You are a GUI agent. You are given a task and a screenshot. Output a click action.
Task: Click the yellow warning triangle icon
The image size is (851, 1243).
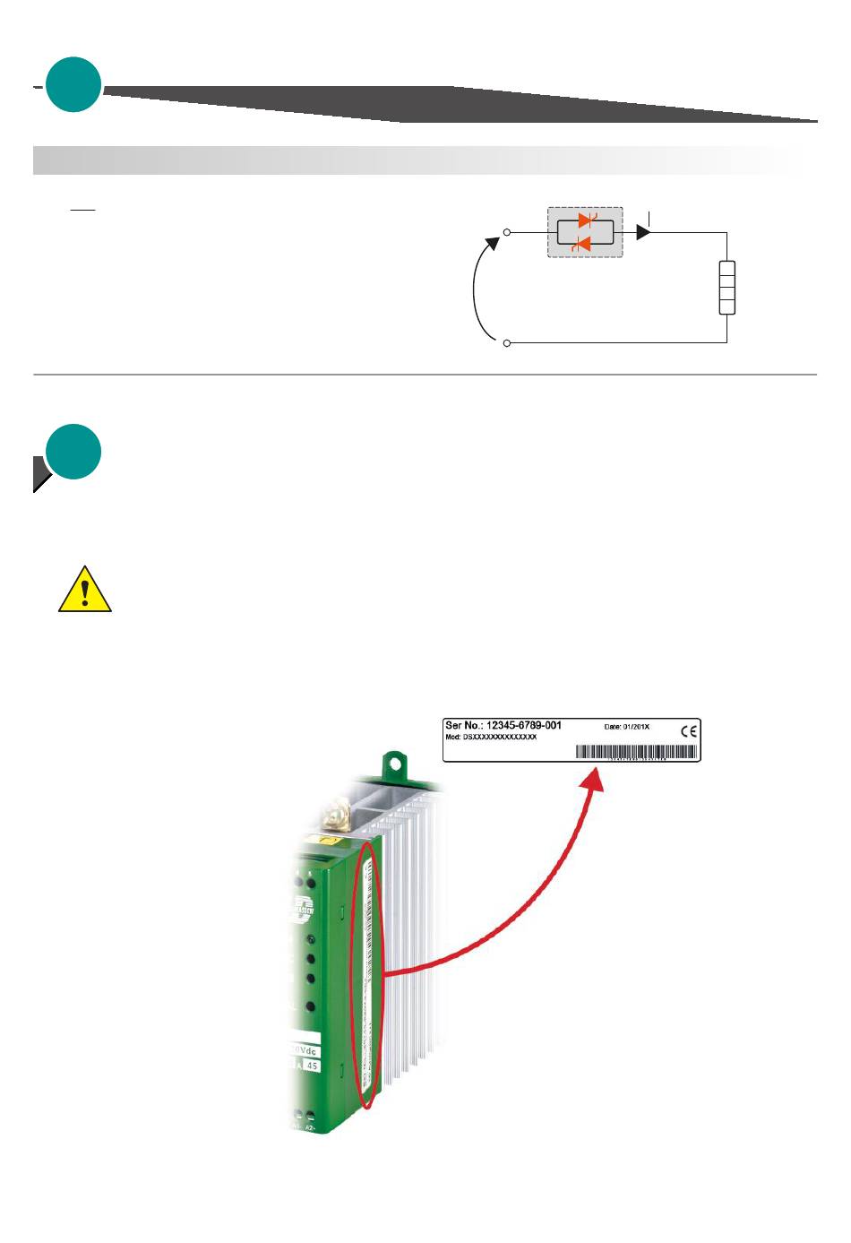[84, 591]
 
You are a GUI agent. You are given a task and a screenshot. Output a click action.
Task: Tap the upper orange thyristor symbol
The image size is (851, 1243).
[588, 220]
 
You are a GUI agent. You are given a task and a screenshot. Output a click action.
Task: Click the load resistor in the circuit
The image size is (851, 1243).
[726, 288]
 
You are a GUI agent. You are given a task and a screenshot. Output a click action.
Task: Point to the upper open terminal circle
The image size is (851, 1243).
[507, 232]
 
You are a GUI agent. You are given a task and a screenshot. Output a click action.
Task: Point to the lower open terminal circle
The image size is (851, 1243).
[507, 343]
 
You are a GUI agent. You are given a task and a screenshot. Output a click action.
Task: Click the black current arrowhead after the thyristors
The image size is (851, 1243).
[642, 232]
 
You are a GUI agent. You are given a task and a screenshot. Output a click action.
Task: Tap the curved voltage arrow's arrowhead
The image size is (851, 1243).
[492, 244]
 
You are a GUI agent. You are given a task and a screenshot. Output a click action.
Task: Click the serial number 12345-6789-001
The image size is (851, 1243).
[523, 725]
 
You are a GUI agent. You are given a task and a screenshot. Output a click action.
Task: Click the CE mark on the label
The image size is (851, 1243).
[688, 730]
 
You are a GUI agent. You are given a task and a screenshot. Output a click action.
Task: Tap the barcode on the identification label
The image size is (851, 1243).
[636, 753]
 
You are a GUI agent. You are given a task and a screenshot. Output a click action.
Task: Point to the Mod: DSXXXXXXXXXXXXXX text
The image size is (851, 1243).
[491, 738]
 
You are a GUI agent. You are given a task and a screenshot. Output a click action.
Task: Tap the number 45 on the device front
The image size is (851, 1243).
[312, 1066]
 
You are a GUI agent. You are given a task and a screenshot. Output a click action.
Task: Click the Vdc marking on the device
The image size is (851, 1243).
[305, 1050]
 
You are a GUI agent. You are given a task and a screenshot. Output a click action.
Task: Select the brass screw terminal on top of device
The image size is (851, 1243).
[339, 816]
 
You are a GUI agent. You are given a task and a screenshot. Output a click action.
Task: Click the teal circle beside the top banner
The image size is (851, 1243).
[73, 84]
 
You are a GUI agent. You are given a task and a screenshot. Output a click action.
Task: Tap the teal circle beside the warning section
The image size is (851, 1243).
[73, 452]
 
